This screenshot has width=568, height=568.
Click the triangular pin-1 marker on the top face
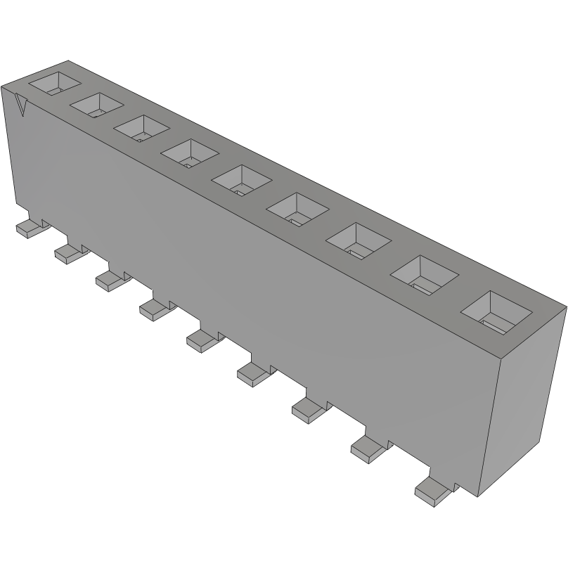pyautogui.click(x=22, y=107)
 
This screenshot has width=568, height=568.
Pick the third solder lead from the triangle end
pyautogui.click(x=110, y=279)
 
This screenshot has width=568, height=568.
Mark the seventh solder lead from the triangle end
pyautogui.click(x=306, y=408)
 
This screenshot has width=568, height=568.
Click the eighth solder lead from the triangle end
pyautogui.click(x=366, y=448)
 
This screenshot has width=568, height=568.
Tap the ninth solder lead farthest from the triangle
pyautogui.click(x=431, y=490)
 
